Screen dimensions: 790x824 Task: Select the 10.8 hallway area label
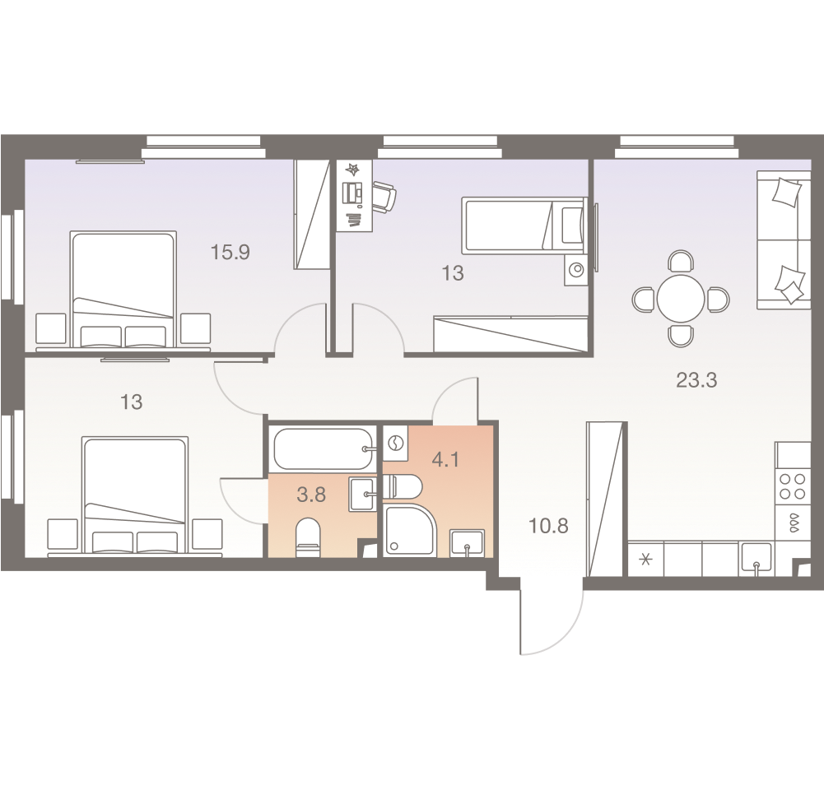pyautogui.click(x=549, y=526)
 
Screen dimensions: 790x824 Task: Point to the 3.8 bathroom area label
pyautogui.click(x=310, y=495)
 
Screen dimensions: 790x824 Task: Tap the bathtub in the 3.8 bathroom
pyautogui.click(x=323, y=448)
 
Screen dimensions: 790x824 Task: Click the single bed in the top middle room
pyautogui.click(x=524, y=223)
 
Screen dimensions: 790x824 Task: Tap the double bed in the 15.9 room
pyautogui.click(x=123, y=288)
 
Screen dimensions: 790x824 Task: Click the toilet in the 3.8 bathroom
pyautogui.click(x=307, y=536)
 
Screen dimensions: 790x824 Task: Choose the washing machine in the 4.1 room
pyautogui.click(x=395, y=444)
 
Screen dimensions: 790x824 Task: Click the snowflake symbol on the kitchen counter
pyautogui.click(x=645, y=561)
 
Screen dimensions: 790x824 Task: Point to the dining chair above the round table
pyautogui.click(x=681, y=263)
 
